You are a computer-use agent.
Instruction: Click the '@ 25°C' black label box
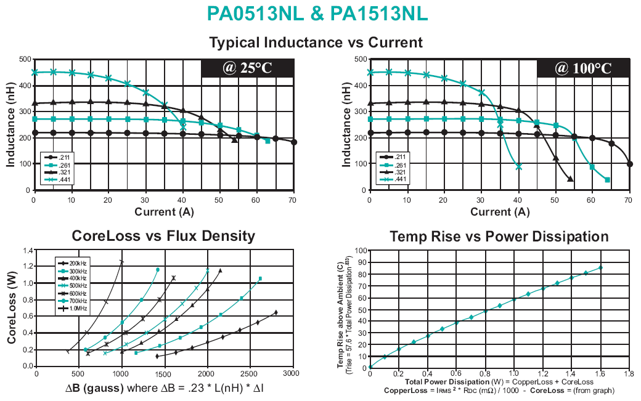(x=247, y=68)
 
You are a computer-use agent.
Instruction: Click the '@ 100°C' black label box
(x=582, y=68)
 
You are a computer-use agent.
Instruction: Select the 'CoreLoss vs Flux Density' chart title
(x=163, y=236)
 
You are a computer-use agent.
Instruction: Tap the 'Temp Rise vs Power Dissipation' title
(x=499, y=237)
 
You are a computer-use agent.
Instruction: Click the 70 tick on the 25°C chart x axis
(x=293, y=200)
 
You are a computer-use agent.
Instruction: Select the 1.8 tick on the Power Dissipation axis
(x=629, y=374)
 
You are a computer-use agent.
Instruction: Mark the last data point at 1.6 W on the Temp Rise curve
(x=600, y=267)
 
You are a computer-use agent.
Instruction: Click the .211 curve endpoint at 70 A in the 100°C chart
(x=629, y=164)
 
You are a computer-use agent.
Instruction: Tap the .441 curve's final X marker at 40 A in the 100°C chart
(x=518, y=166)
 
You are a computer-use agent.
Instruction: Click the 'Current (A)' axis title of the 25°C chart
(x=163, y=212)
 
